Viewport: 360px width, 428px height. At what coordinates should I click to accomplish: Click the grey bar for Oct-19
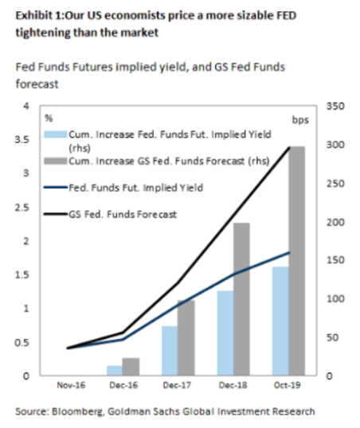coord(297,261)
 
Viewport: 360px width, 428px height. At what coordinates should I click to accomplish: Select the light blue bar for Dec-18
coord(225,333)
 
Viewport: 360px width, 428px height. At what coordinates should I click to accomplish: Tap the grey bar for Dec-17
coord(186,337)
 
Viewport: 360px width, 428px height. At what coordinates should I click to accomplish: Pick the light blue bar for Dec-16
coord(115,371)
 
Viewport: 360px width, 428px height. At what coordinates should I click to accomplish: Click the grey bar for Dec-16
coord(131,367)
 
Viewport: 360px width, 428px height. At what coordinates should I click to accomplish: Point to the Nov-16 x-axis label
coord(71,385)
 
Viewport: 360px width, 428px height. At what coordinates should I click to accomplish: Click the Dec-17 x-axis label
coord(178,385)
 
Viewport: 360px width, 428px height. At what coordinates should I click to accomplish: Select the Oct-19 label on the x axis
coord(287,385)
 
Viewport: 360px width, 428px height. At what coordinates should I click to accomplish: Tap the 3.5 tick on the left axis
coord(22,140)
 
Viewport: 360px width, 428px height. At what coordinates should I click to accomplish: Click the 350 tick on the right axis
coord(335,106)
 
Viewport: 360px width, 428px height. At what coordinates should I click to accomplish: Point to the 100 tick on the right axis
coord(335,299)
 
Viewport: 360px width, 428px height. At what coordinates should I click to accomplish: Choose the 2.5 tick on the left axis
coord(22,208)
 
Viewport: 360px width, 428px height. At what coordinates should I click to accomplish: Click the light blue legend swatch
coord(56,134)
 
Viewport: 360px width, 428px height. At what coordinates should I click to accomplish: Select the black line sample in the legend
coord(56,214)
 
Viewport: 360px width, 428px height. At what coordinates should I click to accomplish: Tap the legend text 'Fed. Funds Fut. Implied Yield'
coord(136,188)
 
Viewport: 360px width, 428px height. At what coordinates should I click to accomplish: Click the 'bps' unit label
coord(300,120)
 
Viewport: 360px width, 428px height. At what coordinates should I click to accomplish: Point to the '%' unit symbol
coord(49,119)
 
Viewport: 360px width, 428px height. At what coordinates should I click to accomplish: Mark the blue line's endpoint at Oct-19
coord(289,252)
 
